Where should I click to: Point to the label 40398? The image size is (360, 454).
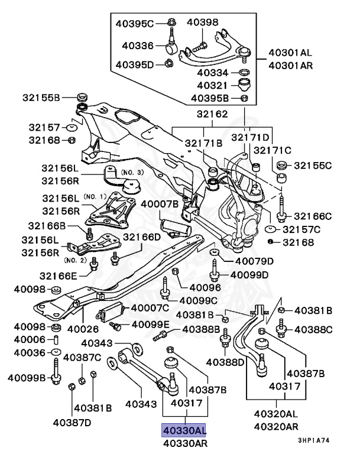click(203, 22)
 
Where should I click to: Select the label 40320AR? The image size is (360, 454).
click(275, 426)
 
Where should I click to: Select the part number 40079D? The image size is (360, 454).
click(254, 261)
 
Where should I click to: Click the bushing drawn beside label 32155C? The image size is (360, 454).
click(283, 177)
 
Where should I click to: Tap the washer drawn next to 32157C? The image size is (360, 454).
click(271, 229)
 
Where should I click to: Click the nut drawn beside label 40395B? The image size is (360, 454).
click(245, 98)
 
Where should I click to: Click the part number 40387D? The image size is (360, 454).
click(77, 422)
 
